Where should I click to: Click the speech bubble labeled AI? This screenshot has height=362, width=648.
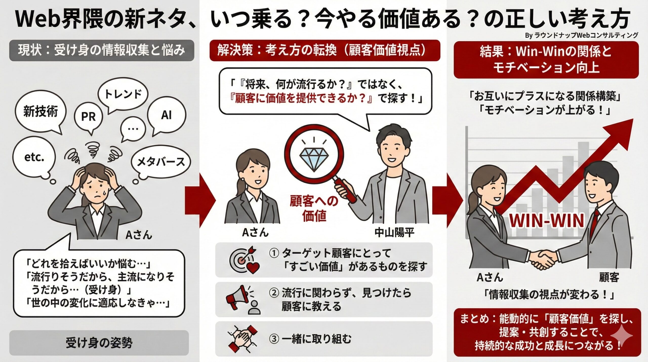pyautogui.click(x=166, y=115)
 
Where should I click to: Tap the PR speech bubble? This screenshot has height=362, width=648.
pyautogui.click(x=88, y=117)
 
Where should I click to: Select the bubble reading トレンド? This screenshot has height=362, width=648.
pyautogui.click(x=123, y=94)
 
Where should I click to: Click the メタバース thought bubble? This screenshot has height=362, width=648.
pyautogui.click(x=161, y=162)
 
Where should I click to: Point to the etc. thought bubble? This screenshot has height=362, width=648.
pyautogui.click(x=34, y=158)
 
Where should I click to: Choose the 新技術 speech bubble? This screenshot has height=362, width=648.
pyautogui.click(x=40, y=111)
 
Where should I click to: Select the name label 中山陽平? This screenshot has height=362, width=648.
pyautogui.click(x=394, y=233)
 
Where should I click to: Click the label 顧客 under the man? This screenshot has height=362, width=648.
pyautogui.click(x=609, y=277)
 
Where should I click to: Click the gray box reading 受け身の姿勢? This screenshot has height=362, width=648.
pyautogui.click(x=99, y=343)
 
